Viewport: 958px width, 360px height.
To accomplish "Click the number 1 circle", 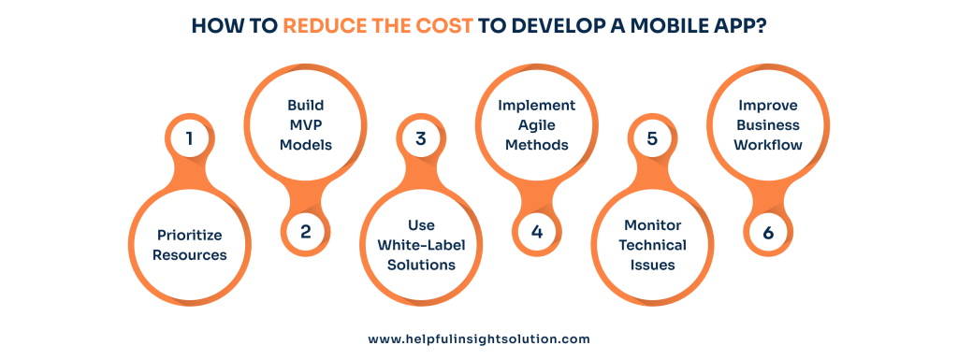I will pyautogui.click(x=189, y=139).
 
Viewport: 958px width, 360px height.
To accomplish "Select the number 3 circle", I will pyautogui.click(x=421, y=139).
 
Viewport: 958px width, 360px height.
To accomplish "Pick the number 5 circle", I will pyautogui.click(x=652, y=139).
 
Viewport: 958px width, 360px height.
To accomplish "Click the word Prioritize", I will pyautogui.click(x=189, y=235).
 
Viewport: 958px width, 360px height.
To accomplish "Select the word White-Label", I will pyautogui.click(x=421, y=245).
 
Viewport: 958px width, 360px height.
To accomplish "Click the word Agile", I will pyautogui.click(x=536, y=125).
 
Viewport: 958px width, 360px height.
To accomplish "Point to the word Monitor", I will pyautogui.click(x=652, y=225).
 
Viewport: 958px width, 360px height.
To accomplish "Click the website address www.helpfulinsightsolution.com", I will pyautogui.click(x=479, y=339).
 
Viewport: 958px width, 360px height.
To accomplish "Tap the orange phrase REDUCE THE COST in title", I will pyautogui.click(x=379, y=25).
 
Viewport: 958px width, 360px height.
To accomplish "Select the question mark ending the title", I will pyautogui.click(x=760, y=25).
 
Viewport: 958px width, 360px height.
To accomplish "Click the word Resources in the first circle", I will pyautogui.click(x=189, y=254).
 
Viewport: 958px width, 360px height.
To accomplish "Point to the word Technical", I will pyautogui.click(x=652, y=245).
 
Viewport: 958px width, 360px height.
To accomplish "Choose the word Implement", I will pyautogui.click(x=536, y=106).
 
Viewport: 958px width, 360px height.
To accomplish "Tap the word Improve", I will pyautogui.click(x=768, y=106).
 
